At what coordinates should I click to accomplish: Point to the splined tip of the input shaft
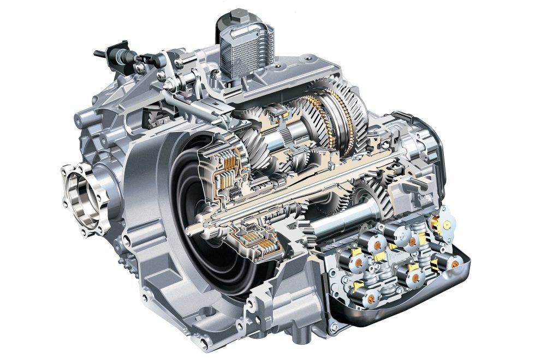tap(192, 230)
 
